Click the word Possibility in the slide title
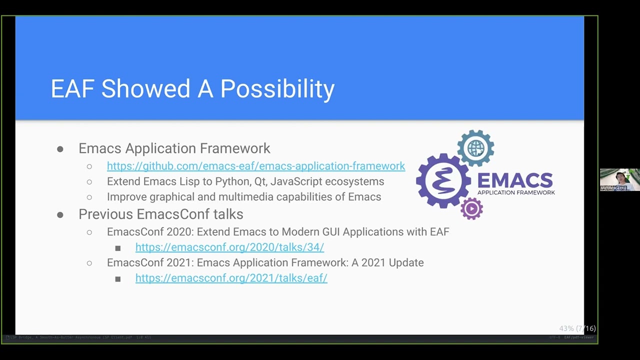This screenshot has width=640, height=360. (277, 89)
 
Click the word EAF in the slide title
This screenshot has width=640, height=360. (72, 89)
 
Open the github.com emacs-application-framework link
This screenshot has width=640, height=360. (255, 166)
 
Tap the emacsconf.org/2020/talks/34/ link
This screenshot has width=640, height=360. (229, 247)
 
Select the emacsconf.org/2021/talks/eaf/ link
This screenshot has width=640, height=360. (231, 278)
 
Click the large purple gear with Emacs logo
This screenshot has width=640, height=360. (443, 180)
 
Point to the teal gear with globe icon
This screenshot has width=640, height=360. (475, 148)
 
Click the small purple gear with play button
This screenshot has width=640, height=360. (471, 208)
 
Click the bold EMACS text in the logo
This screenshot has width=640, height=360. (515, 180)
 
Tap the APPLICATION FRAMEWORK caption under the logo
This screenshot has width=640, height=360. (516, 192)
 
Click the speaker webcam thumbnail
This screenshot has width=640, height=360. (619, 180)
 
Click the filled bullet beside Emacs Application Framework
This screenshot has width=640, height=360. (60, 149)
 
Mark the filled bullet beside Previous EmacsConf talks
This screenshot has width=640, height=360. (60, 214)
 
